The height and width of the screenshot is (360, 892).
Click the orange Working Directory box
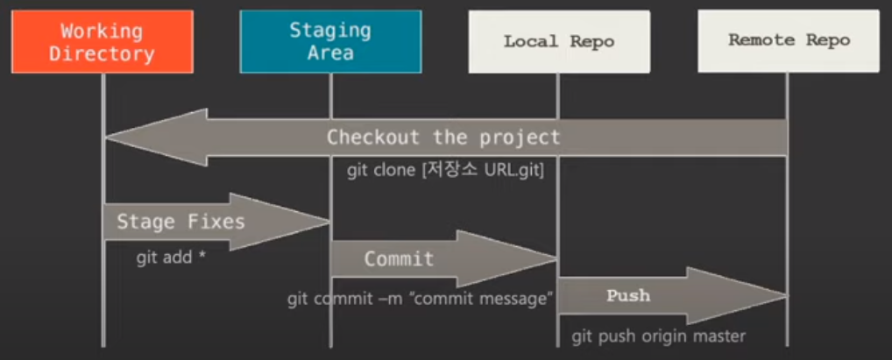pyautogui.click(x=102, y=41)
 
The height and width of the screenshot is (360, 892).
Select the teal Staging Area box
pyautogui.click(x=330, y=41)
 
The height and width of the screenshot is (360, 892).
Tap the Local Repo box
pyautogui.click(x=558, y=41)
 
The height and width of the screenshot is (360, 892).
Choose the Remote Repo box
pyautogui.click(x=788, y=40)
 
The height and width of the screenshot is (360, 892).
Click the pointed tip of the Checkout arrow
pyautogui.click(x=107, y=138)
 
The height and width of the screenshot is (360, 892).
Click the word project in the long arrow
pyautogui.click(x=520, y=138)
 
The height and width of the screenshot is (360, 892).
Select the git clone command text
pyautogui.click(x=445, y=170)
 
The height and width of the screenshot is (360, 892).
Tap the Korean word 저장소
pyautogui.click(x=449, y=170)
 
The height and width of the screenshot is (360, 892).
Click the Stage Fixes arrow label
pyautogui.click(x=181, y=221)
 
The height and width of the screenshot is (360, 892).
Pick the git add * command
pyautogui.click(x=171, y=258)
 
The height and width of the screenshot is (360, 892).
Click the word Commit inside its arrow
pyautogui.click(x=399, y=258)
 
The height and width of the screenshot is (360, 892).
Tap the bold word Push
pyautogui.click(x=628, y=295)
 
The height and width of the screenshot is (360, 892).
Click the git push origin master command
pyautogui.click(x=659, y=335)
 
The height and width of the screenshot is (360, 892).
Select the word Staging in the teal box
pyautogui.click(x=330, y=31)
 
